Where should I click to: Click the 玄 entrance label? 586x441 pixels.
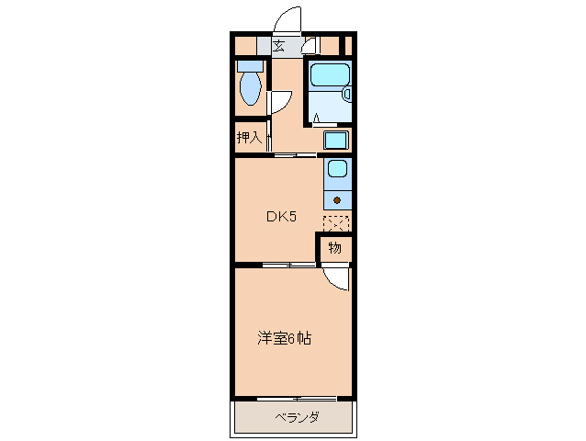(278, 44)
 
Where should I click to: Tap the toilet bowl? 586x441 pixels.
(249, 90)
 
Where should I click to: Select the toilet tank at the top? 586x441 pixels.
(249, 65)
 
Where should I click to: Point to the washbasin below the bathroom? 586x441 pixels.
(336, 141)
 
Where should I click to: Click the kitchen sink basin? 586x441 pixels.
(337, 170)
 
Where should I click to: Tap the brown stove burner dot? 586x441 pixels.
(337, 198)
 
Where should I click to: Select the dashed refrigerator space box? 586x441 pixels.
(336, 222)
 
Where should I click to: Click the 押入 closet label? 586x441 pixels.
(249, 139)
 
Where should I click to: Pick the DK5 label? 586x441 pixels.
(281, 217)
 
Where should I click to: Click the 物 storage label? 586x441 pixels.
(335, 247)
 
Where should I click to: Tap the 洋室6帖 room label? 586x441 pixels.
(283, 338)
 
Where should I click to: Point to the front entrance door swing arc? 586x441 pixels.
(287, 20)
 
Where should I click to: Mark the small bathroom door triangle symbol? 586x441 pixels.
(315, 117)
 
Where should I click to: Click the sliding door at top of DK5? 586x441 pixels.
(296, 154)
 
